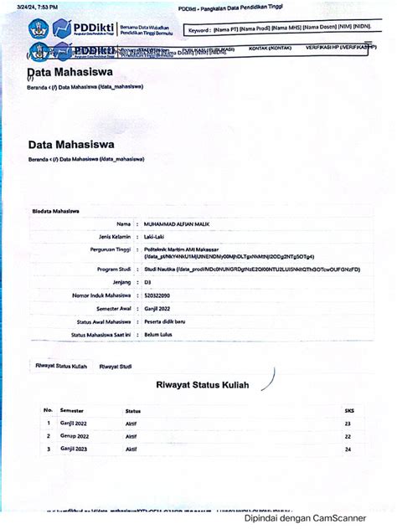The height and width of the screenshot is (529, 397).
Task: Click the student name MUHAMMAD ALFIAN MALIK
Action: coord(177,223)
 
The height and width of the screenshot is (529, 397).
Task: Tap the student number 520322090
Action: coord(157,295)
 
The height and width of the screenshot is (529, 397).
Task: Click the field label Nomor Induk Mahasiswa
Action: coord(102,295)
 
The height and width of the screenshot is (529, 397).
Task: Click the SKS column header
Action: coord(349,411)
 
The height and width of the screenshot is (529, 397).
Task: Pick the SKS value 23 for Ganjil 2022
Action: coord(348,424)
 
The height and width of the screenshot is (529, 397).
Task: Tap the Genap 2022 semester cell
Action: coord(74,437)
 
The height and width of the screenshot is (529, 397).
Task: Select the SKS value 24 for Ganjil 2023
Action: coord(348,449)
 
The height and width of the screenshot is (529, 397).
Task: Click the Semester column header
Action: coord(72,411)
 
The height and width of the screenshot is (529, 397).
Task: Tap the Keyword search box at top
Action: coord(280,30)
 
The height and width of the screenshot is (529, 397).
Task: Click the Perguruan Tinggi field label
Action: coord(107,249)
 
